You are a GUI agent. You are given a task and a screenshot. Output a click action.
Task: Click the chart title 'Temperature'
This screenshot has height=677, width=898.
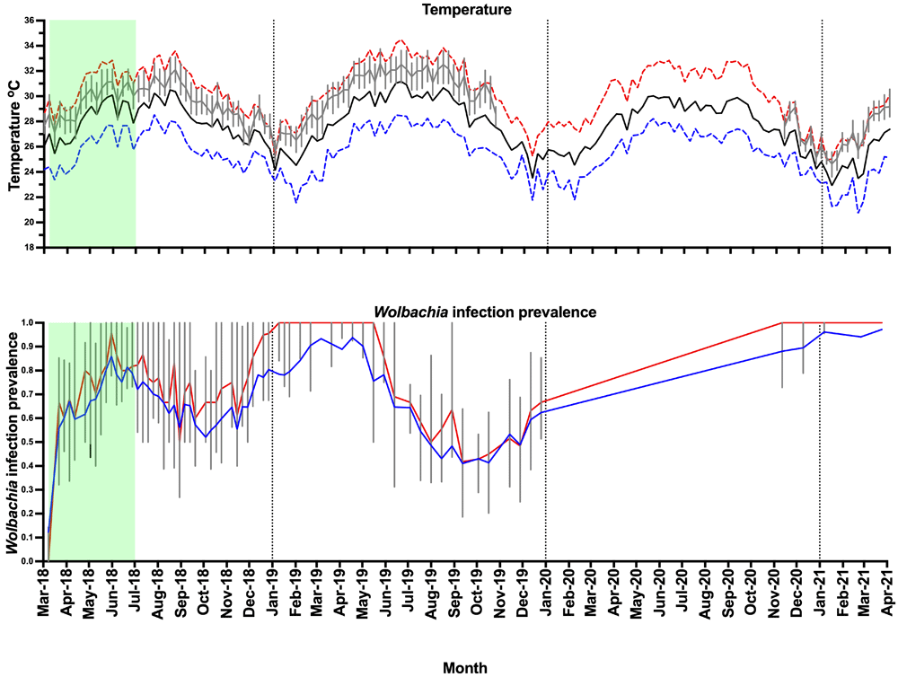[470, 10]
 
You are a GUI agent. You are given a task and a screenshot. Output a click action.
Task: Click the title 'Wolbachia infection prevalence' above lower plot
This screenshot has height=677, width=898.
[471, 312]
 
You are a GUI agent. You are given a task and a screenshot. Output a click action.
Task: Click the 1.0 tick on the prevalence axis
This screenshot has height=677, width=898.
[29, 323]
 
